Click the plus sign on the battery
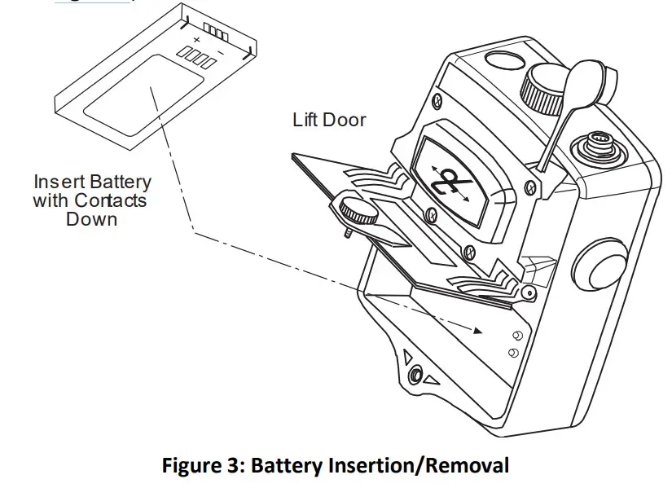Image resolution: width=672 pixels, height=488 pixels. (195, 38)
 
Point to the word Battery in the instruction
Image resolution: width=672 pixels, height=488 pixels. (121, 181)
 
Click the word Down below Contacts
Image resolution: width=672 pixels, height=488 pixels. (91, 219)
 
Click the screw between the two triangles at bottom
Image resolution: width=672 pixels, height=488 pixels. (416, 374)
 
